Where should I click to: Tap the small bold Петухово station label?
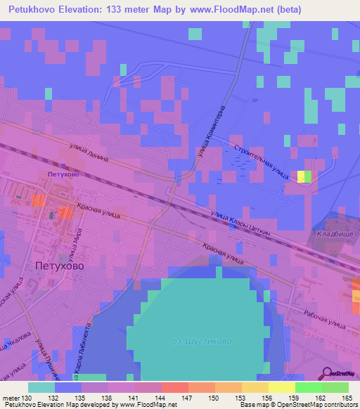[61, 172]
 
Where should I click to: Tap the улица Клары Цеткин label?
[240, 226]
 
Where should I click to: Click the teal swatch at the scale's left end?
[41, 387]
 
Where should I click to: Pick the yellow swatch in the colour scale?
[282, 387]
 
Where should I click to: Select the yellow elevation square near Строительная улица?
[301, 176]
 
